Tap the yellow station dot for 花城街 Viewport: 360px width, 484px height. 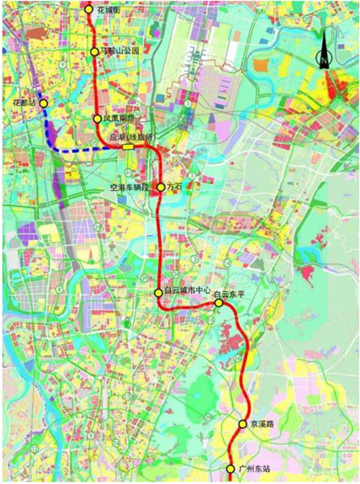[x=90, y=8]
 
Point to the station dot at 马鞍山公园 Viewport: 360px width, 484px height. [x=95, y=52]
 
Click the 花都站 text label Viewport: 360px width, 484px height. [x=24, y=102]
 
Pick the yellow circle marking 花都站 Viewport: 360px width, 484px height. [x=44, y=104]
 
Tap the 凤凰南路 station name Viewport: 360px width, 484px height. [x=119, y=120]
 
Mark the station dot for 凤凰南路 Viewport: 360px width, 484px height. [x=98, y=120]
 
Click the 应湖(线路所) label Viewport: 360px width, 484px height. [x=132, y=136]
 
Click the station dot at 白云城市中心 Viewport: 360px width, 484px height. [x=159, y=291]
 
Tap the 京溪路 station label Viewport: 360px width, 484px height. [x=262, y=425]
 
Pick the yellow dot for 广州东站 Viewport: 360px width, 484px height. [x=231, y=468]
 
